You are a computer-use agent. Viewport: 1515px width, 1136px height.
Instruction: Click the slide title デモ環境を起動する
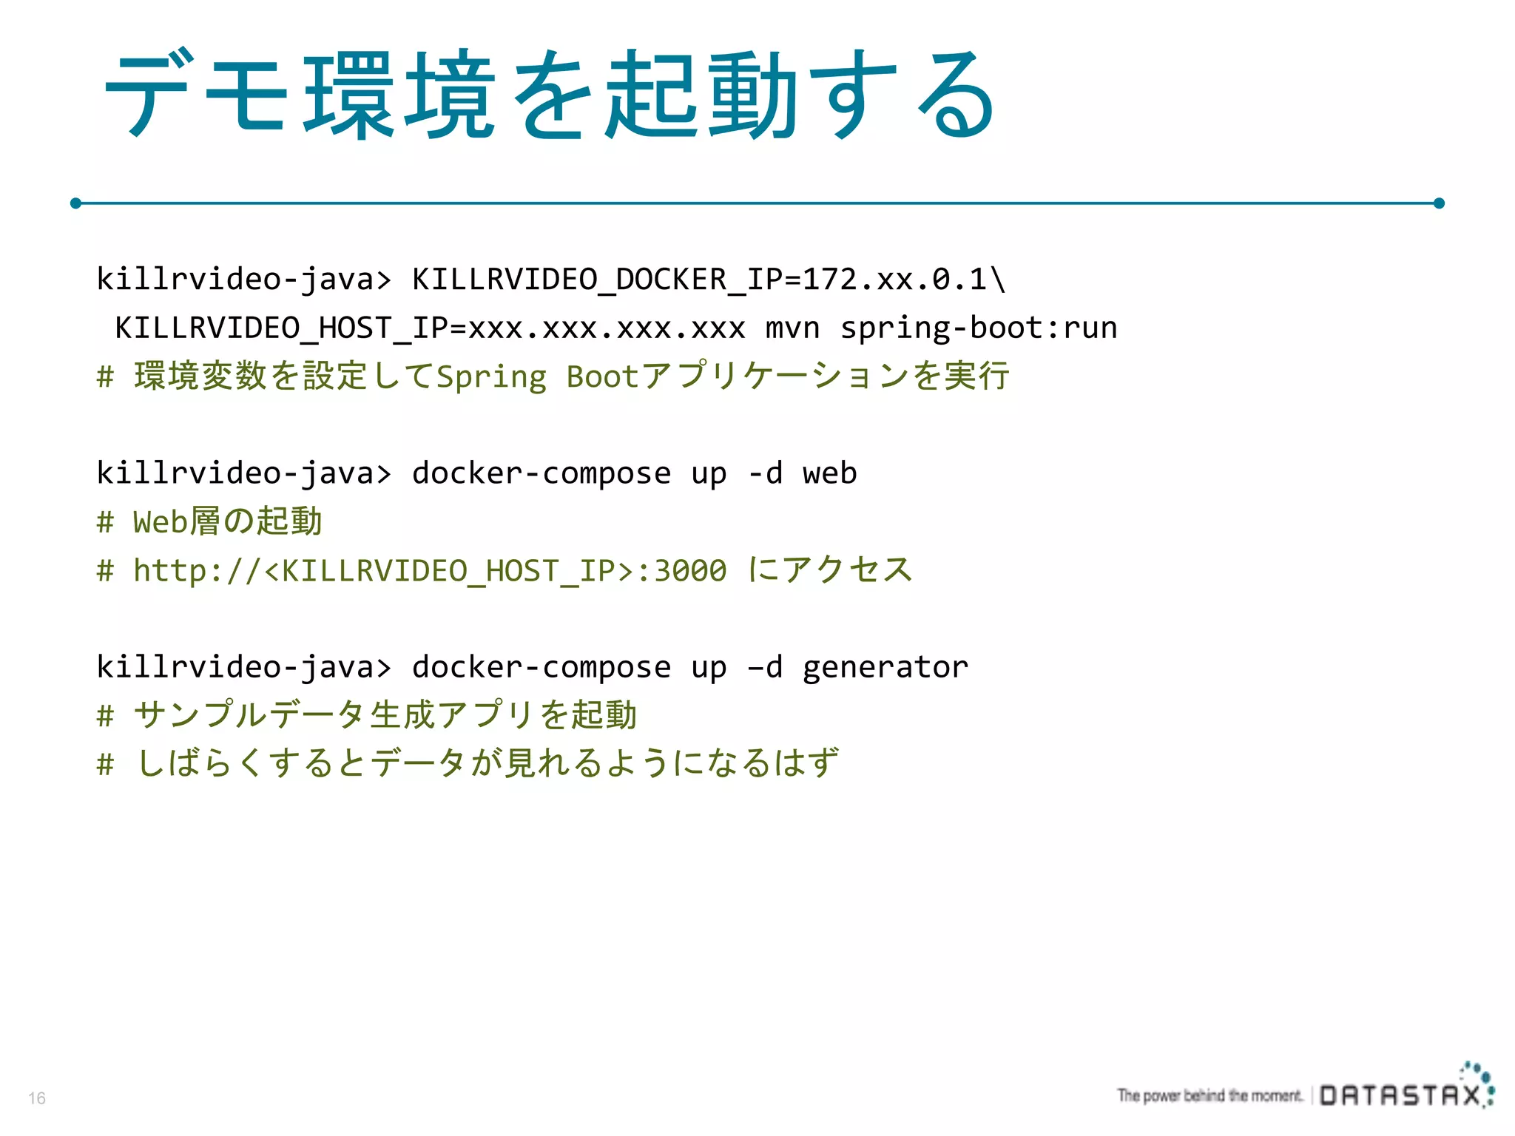click(x=551, y=94)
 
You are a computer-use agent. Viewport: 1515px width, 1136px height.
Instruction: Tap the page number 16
click(x=37, y=1098)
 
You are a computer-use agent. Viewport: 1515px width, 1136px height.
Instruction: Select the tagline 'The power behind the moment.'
click(x=1209, y=1095)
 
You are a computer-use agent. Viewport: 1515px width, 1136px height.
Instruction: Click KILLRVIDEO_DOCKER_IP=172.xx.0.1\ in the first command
click(x=709, y=280)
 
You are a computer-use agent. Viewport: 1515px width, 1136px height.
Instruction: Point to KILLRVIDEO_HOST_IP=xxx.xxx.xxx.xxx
click(x=430, y=328)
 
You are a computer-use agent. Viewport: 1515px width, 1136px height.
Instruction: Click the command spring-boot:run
click(x=978, y=328)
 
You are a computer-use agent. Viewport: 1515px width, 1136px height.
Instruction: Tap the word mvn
click(x=792, y=328)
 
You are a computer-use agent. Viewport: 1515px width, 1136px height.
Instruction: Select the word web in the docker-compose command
click(x=829, y=473)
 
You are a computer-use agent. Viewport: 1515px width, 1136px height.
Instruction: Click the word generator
click(x=885, y=667)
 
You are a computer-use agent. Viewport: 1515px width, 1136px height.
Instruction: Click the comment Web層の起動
click(x=227, y=521)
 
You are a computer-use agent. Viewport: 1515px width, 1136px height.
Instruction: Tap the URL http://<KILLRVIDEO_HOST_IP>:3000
click(x=430, y=570)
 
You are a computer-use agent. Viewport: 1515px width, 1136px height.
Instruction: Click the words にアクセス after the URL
click(x=830, y=570)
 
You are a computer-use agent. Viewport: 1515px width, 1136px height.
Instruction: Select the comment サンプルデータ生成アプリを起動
click(x=385, y=715)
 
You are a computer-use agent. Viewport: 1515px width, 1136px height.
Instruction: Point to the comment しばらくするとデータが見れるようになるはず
click(x=487, y=763)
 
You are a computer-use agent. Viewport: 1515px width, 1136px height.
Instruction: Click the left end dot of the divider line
click(x=75, y=203)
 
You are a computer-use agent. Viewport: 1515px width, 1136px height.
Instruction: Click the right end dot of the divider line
click(x=1439, y=203)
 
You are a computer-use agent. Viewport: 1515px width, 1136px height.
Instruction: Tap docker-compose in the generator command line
click(x=541, y=667)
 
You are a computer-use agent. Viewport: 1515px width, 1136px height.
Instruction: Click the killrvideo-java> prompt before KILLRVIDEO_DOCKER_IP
click(x=244, y=280)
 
